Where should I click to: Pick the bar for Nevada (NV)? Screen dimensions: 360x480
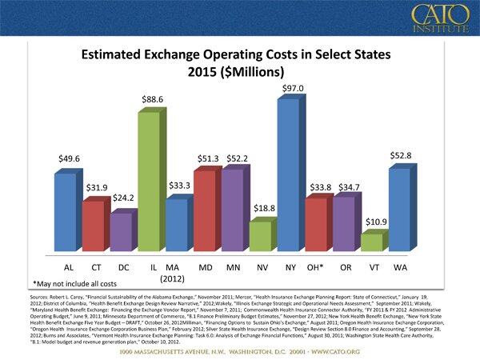[260, 234]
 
